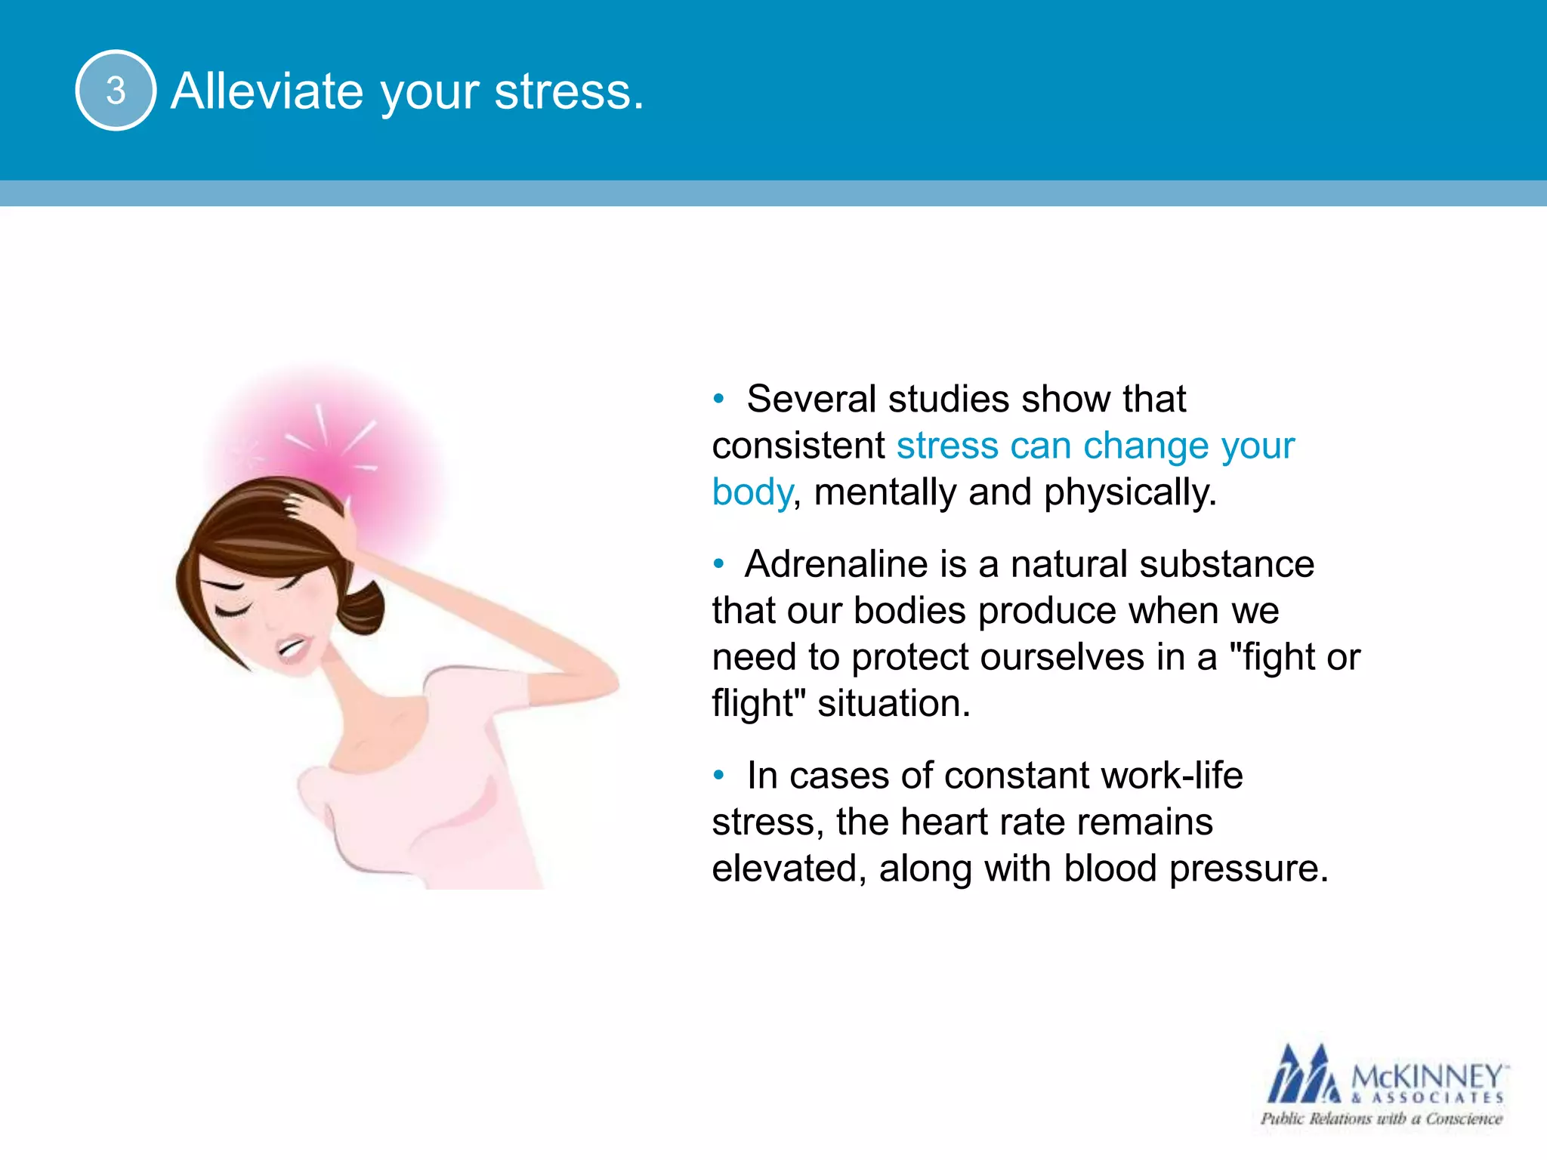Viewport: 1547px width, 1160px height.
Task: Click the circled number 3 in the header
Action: coord(116,91)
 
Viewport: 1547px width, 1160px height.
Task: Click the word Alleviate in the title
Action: coord(266,91)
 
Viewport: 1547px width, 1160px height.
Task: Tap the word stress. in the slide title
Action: coord(569,91)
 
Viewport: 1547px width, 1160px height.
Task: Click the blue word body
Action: coord(752,493)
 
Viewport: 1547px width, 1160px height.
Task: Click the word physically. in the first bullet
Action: coord(1130,493)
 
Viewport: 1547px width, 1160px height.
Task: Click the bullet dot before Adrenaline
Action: coord(718,563)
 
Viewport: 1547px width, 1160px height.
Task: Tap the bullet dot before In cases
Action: coord(718,775)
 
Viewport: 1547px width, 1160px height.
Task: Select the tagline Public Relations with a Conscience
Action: coord(1381,1119)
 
